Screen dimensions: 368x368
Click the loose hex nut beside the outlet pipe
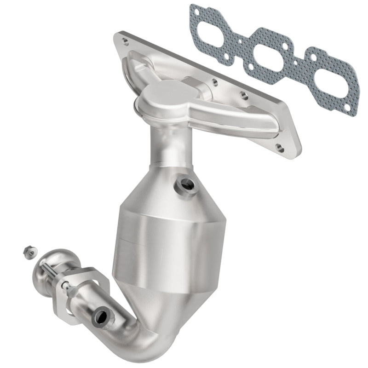27,252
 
